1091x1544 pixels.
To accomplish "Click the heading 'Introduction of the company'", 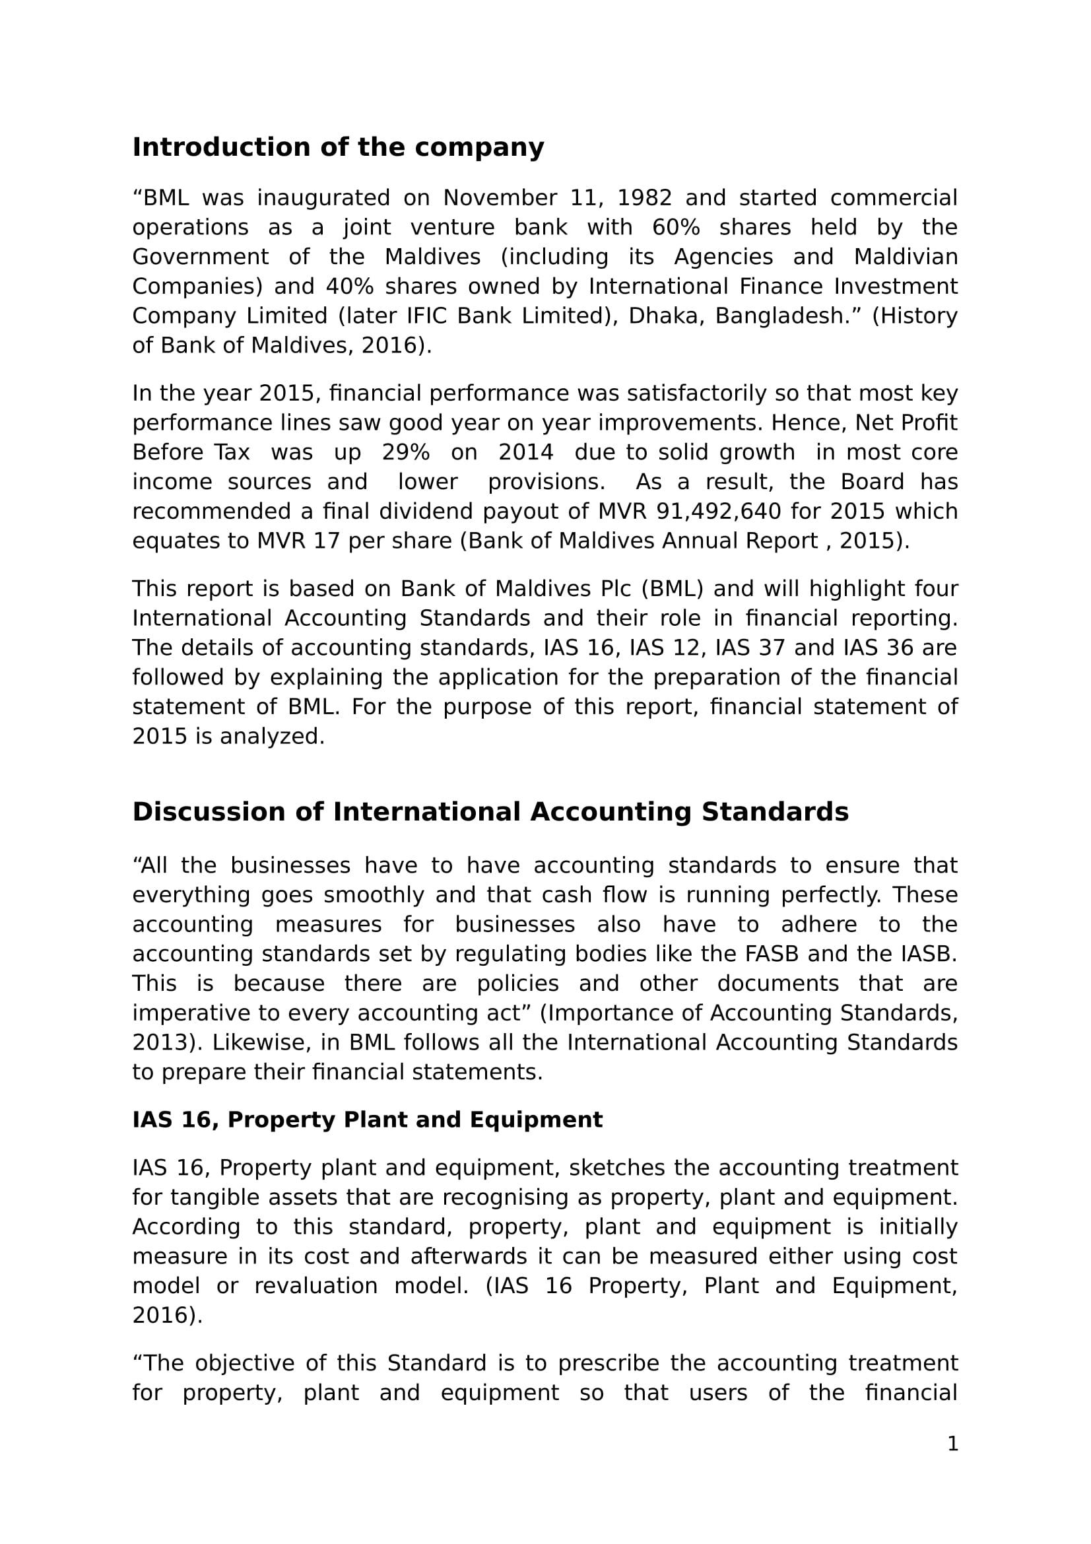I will click(337, 148).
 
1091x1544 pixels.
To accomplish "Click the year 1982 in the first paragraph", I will click(644, 199).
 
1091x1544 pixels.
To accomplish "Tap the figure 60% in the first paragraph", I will click(676, 228).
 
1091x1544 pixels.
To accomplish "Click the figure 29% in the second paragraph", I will click(405, 453).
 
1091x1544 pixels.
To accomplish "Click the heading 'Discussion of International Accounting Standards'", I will click(490, 813).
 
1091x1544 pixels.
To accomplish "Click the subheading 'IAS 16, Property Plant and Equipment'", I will click(367, 1120).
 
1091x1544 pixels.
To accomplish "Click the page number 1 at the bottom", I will click(952, 1444).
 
